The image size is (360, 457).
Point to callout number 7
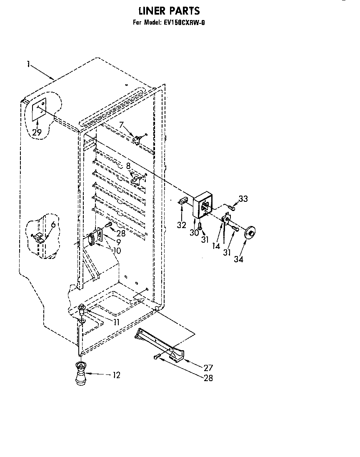tap(121, 124)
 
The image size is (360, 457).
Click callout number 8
tap(128, 166)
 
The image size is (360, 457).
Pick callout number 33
tap(243, 199)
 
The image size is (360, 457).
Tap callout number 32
tap(181, 225)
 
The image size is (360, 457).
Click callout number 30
tap(194, 233)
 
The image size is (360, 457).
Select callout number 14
tap(216, 246)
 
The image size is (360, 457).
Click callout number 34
tap(238, 259)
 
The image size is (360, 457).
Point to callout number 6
tap(53, 224)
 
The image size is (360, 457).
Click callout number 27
tap(208, 368)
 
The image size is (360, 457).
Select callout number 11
tap(116, 322)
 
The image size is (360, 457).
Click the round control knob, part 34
tap(249, 234)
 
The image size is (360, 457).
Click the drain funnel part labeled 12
tap(80, 374)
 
